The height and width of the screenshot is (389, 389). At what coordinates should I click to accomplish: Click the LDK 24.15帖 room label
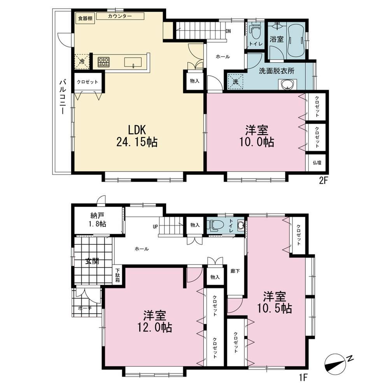(x=137, y=136)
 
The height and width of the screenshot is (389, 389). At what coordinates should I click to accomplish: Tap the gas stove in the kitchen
(x=104, y=62)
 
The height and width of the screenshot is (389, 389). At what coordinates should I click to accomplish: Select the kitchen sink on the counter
(x=133, y=62)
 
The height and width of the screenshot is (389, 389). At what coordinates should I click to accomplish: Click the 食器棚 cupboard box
(x=85, y=18)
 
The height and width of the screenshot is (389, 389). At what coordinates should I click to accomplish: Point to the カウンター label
(x=120, y=16)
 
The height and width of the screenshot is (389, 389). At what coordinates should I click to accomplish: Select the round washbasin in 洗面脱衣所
(x=288, y=84)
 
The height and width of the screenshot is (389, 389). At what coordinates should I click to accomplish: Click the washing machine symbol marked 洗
(x=235, y=81)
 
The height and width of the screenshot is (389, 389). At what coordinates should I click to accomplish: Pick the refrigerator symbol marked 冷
(x=82, y=61)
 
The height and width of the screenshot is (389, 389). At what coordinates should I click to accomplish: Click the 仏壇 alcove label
(x=317, y=163)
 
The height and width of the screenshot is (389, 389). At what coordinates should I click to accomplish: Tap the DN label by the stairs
(x=228, y=31)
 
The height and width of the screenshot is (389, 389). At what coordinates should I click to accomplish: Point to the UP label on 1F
(x=155, y=227)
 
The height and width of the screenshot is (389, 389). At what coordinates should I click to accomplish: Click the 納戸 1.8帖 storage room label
(x=98, y=219)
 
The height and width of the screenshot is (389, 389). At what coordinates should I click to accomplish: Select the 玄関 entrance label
(x=92, y=261)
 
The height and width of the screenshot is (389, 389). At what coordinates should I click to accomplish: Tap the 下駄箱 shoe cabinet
(x=117, y=275)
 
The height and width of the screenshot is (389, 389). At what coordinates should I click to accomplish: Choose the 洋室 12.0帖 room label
(x=154, y=322)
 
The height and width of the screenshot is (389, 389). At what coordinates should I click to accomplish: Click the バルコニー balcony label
(x=63, y=97)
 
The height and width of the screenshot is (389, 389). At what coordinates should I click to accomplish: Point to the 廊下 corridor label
(x=235, y=271)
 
